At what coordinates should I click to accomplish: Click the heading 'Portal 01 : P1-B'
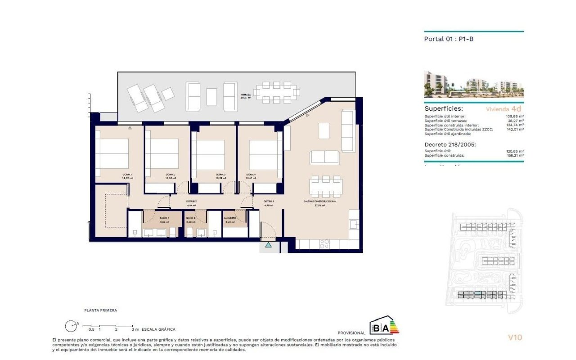click(x=449, y=39)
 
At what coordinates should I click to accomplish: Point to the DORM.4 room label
click(x=251, y=175)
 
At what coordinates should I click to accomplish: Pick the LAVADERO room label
click(x=230, y=218)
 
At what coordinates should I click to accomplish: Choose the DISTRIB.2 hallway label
click(x=192, y=202)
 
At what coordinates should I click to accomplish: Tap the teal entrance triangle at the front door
click(x=269, y=245)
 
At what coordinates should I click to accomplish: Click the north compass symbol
click(x=71, y=326)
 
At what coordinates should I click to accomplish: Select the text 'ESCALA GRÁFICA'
click(x=158, y=329)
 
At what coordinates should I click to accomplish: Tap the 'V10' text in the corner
click(x=515, y=337)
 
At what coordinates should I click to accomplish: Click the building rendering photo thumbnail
click(x=473, y=85)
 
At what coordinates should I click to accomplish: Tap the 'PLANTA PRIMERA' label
click(x=101, y=310)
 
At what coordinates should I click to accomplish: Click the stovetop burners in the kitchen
click(x=324, y=243)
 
